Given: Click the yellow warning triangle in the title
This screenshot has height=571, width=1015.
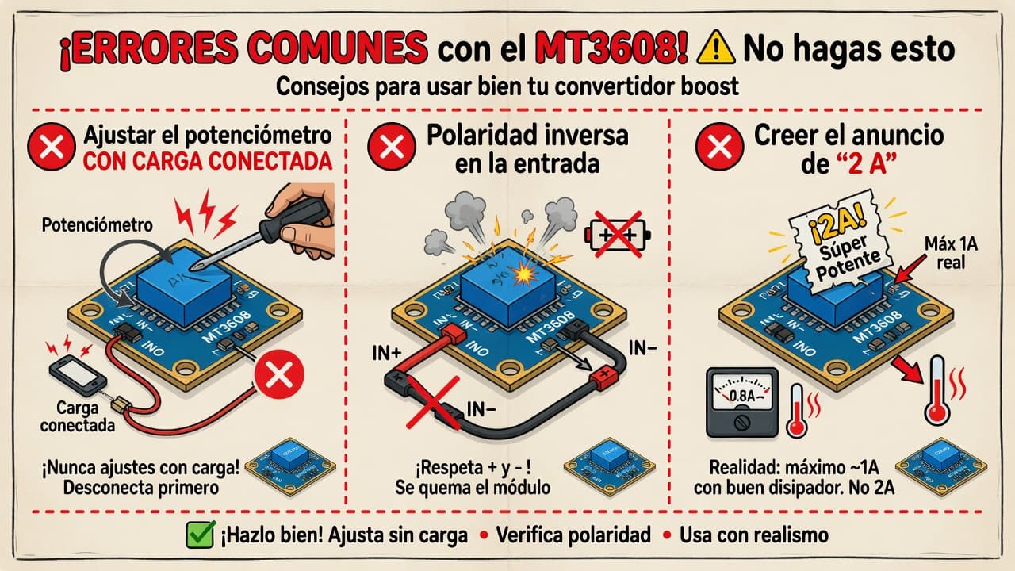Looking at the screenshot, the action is (715, 48).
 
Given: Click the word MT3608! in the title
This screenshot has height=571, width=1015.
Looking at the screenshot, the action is (611, 48).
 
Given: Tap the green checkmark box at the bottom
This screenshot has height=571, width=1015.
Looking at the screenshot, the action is (201, 535).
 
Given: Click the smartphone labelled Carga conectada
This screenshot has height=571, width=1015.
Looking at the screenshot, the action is (78, 376).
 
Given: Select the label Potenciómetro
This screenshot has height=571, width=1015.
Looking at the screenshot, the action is (97, 225).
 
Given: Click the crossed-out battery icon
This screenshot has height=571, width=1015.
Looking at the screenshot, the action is (618, 234).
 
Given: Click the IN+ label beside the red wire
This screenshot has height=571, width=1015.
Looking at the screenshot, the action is (386, 354).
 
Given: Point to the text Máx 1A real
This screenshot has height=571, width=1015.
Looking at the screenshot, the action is (951, 253).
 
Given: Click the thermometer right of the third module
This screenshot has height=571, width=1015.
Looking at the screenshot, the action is (937, 389).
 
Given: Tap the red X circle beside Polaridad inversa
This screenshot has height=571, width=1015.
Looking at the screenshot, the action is (392, 147).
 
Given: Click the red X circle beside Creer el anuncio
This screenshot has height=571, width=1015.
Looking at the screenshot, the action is (719, 147).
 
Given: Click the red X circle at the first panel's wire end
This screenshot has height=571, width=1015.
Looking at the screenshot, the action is (279, 374).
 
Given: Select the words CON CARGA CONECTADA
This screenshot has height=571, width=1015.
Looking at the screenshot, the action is (208, 162).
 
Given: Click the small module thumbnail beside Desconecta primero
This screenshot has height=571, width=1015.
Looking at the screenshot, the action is (290, 467).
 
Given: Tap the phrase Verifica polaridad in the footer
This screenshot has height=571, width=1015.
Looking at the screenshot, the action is (573, 535).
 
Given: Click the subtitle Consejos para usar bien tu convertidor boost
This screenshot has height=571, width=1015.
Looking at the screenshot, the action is (507, 86).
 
